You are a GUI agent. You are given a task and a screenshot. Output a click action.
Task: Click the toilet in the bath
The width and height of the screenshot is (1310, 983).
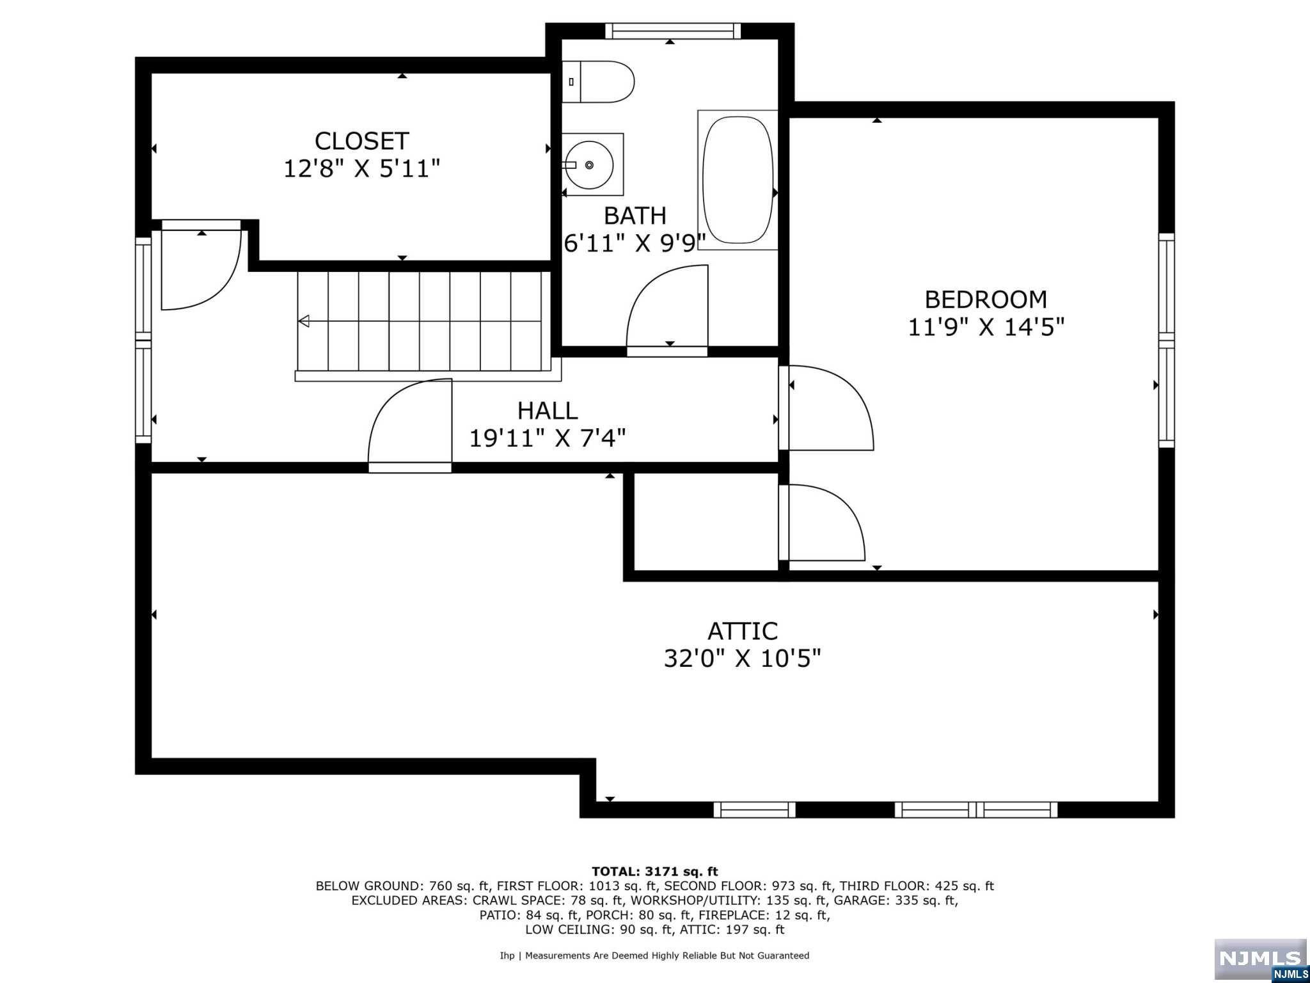598,82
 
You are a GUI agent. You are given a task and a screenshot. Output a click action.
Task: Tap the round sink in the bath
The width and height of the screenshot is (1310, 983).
589,164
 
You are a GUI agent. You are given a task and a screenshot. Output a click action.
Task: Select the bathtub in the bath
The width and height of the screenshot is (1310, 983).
738,180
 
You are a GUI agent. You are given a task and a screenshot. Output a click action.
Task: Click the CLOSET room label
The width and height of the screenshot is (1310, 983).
361,141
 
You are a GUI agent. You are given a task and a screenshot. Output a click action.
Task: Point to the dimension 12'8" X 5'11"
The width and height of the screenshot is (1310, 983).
361,169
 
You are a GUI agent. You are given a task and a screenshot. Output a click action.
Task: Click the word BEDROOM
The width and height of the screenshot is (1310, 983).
986,300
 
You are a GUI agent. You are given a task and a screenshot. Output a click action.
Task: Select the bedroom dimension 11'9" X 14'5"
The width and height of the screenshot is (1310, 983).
986,327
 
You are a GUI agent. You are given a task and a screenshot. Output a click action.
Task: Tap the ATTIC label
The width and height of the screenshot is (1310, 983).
742,632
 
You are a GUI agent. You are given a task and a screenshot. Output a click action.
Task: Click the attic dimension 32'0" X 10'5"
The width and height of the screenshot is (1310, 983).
742,658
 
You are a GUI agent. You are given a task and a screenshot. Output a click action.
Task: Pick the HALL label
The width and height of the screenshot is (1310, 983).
548,410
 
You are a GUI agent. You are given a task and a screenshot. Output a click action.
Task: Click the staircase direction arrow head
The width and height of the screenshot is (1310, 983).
304,321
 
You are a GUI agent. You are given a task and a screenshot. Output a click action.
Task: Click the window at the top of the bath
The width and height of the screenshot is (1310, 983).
673,31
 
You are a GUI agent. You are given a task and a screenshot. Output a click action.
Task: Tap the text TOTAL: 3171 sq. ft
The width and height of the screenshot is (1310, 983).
655,871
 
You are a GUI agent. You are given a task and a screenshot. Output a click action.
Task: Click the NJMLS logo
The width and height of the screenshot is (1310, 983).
1261,960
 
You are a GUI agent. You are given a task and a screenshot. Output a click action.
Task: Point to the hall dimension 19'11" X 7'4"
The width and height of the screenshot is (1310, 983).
548,438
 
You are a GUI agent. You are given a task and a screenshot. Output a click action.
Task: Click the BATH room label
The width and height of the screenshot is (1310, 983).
635,216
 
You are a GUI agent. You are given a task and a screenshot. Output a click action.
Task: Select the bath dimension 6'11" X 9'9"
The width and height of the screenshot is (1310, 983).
635,243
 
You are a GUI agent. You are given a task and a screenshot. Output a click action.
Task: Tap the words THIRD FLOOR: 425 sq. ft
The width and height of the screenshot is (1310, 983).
917,886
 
